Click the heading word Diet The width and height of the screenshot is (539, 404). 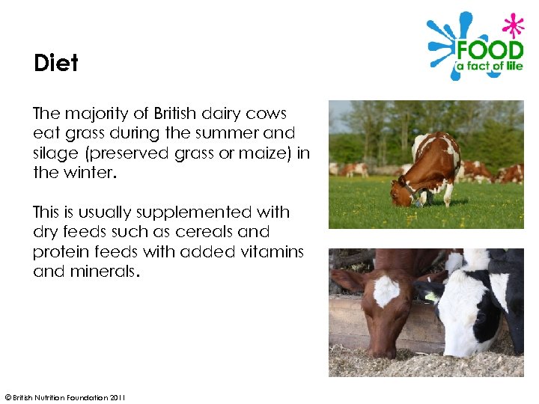56,63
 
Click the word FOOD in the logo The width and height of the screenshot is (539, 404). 490,52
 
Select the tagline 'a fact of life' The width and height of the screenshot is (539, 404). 490,74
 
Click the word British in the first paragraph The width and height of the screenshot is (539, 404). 176,114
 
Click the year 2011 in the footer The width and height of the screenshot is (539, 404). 116,397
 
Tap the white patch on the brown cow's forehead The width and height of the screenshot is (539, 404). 386,290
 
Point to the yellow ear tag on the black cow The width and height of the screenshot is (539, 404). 432,297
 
